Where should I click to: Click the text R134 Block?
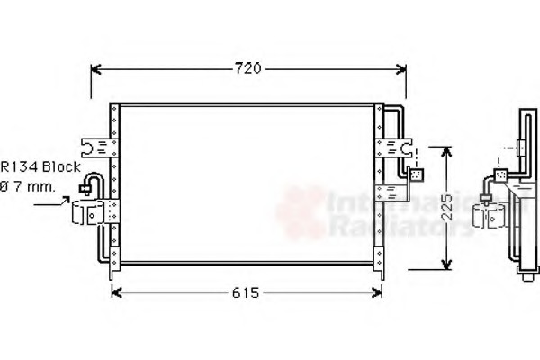(40, 167)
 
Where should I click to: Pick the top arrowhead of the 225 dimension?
(445, 149)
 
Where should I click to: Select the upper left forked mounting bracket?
(94, 145)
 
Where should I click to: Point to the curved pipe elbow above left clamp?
(89, 185)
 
